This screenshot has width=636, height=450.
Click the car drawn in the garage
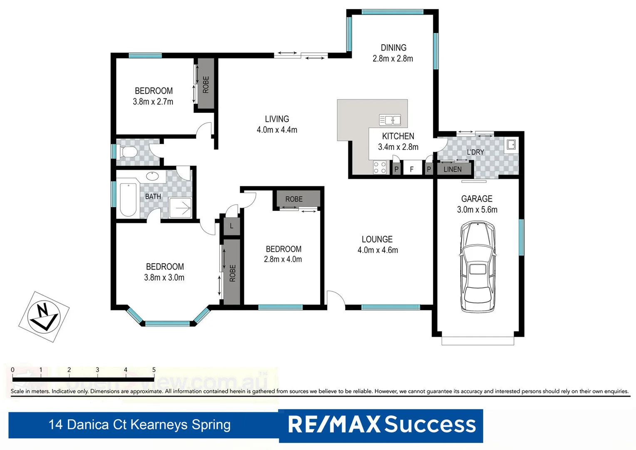coord(477,267)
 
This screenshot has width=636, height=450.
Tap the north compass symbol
coord(44,317)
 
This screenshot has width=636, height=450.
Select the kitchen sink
coord(390,120)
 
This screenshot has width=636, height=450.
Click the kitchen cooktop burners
coord(380,167)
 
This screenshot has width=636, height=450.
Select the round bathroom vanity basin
coord(152,176)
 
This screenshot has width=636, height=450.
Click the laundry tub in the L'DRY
coord(511,145)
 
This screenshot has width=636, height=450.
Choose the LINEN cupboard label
coord(452,169)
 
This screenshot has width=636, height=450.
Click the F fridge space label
coord(412,169)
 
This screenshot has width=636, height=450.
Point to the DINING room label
coord(393,48)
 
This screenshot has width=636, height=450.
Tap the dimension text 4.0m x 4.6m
coord(378,250)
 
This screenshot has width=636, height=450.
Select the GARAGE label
coord(477,199)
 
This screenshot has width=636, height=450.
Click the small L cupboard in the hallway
coord(232,226)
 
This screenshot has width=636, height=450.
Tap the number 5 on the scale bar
coord(154,370)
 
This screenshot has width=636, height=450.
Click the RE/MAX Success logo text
coord(381,425)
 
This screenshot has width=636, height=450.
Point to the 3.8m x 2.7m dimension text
coord(153,102)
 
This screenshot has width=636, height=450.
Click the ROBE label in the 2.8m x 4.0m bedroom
coord(294,199)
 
